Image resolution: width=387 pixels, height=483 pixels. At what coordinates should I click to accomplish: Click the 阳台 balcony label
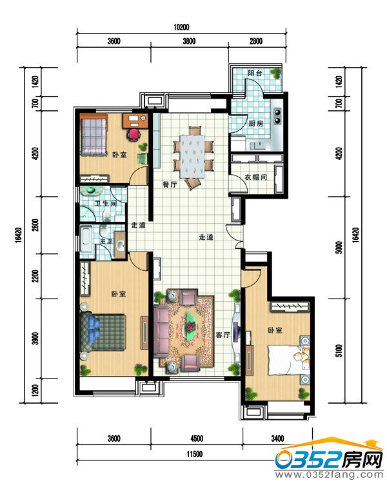point(255,74)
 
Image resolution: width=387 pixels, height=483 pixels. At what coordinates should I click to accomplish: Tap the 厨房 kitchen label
point(255,124)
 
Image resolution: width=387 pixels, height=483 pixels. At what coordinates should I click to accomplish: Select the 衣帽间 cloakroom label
point(255,177)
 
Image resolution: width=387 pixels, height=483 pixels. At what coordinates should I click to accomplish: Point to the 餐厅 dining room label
point(170,185)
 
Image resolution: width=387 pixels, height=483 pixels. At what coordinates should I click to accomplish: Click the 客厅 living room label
point(223,335)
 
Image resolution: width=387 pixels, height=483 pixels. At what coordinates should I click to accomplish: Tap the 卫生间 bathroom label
point(106,204)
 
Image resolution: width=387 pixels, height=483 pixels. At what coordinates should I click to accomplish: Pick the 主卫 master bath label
point(106,241)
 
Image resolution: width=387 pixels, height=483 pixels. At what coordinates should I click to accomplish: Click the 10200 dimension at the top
point(181,27)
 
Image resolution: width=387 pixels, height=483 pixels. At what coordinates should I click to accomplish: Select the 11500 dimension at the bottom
point(194,454)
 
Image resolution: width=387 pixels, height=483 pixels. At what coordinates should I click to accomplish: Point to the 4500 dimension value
point(197,439)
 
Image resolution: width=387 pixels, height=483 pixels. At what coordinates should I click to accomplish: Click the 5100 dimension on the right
point(339,351)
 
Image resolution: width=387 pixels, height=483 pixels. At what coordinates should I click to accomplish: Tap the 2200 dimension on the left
point(35,276)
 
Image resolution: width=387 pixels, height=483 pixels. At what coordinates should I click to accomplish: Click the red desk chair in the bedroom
point(134,135)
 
